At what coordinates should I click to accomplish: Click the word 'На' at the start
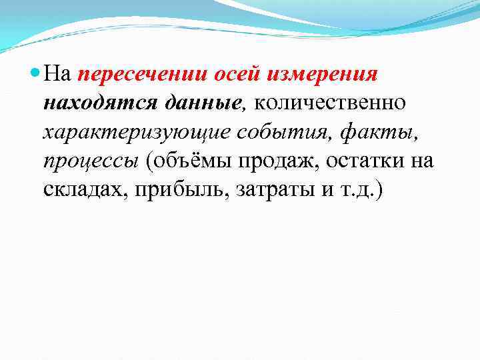tap(59, 75)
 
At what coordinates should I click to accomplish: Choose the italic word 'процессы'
tap(88, 161)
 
